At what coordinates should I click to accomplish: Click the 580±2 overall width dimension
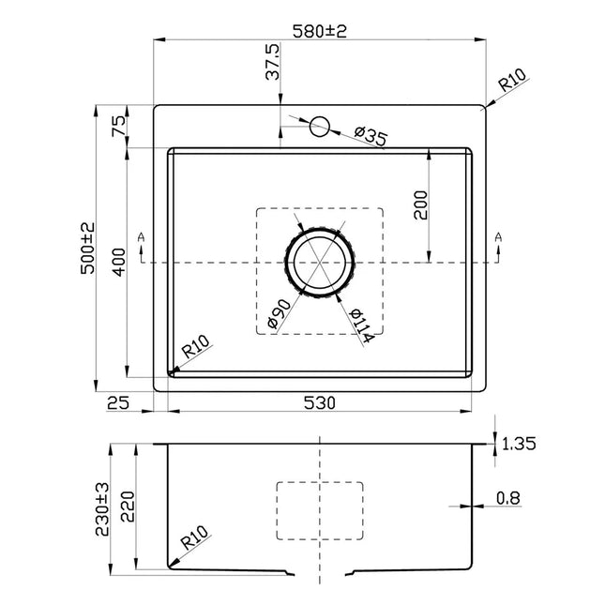point(320,31)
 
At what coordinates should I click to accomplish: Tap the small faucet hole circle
point(319,126)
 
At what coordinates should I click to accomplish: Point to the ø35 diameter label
point(371,137)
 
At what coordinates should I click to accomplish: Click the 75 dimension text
point(119,126)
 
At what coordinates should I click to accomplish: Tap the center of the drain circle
point(320,262)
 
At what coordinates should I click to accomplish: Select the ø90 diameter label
point(279,315)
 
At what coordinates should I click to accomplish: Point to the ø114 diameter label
point(361,324)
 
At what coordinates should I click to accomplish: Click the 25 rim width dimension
point(118,403)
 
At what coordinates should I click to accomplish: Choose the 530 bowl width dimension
point(319,403)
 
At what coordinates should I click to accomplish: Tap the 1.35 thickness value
point(518,444)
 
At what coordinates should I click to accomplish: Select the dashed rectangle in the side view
point(320,511)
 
